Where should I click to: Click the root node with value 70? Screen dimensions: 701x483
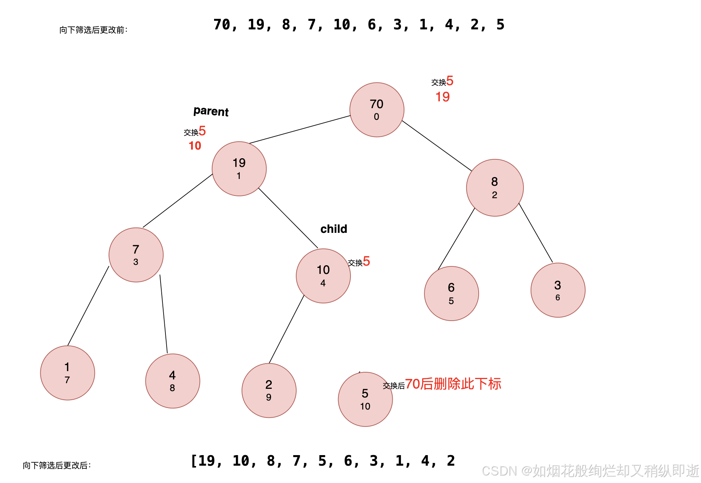click(x=377, y=110)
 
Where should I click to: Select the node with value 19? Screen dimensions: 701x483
click(x=239, y=168)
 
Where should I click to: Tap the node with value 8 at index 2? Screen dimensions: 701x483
click(x=494, y=188)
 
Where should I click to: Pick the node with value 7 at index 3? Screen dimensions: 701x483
click(x=136, y=255)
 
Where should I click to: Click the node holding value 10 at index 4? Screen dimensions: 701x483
click(x=323, y=275)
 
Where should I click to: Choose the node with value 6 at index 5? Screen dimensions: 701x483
click(x=451, y=293)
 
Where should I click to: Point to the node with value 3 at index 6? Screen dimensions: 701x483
click(x=557, y=290)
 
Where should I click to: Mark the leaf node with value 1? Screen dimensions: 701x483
click(x=67, y=373)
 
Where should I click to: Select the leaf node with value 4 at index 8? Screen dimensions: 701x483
click(x=172, y=381)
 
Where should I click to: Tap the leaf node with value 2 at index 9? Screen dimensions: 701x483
click(x=269, y=390)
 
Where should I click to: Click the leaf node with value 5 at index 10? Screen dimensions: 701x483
click(x=365, y=399)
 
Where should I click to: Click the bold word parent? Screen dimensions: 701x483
click(x=211, y=111)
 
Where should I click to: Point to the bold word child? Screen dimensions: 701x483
click(x=334, y=229)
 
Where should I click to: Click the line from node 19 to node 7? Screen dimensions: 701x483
click(x=178, y=200)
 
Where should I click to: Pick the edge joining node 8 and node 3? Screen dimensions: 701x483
click(x=536, y=232)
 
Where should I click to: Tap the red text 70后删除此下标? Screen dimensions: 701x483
click(x=453, y=384)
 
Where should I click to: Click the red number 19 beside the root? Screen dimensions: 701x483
click(x=442, y=97)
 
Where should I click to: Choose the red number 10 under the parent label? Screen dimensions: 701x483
click(x=195, y=145)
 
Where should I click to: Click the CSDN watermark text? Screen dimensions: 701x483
click(x=590, y=471)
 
